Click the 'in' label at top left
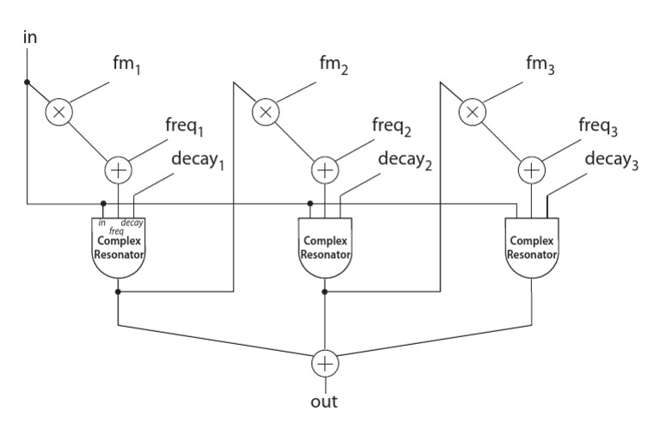pyautogui.click(x=30, y=37)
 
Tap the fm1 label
pyautogui.click(x=126, y=64)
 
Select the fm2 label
pyautogui.click(x=333, y=64)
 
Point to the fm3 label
pyautogui.click(x=540, y=64)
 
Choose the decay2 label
pyautogui.click(x=405, y=160)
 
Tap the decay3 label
pyautogui.click(x=612, y=160)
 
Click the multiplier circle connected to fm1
pyautogui.click(x=59, y=112)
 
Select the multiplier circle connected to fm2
pyautogui.click(x=266, y=112)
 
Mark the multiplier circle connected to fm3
pyautogui.click(x=473, y=112)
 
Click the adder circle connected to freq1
pyautogui.click(x=119, y=170)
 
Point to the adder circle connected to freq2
pyautogui.click(x=325, y=170)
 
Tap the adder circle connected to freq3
pyautogui.click(x=532, y=170)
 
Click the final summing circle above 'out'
pyautogui.click(x=325, y=364)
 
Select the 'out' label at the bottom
pyautogui.click(x=324, y=402)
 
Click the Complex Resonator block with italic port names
pyautogui.click(x=119, y=248)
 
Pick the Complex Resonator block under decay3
pyautogui.click(x=532, y=248)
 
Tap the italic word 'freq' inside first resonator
pyautogui.click(x=116, y=230)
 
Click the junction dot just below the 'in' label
pyautogui.click(x=27, y=83)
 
